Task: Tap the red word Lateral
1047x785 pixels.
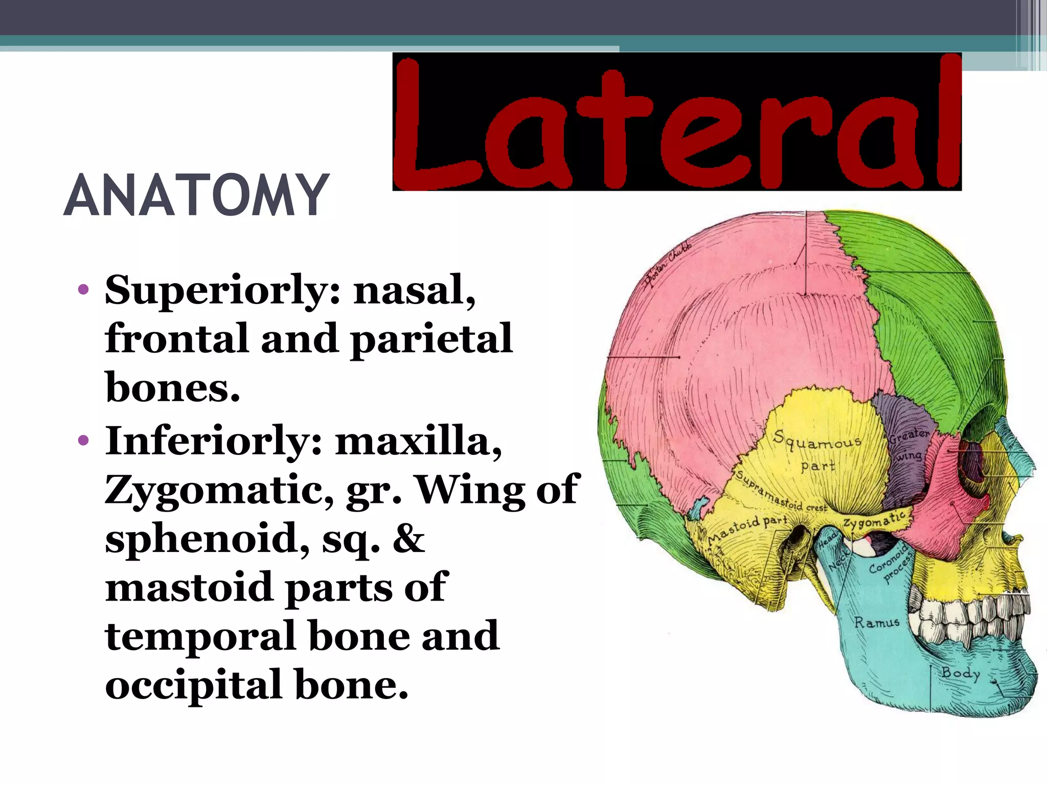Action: [x=676, y=123]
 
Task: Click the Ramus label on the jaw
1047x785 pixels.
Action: [x=877, y=622]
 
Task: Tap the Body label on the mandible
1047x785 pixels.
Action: [x=961, y=673]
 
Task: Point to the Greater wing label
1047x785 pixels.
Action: [x=908, y=444]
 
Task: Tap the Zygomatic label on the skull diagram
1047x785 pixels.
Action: [x=874, y=520]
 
